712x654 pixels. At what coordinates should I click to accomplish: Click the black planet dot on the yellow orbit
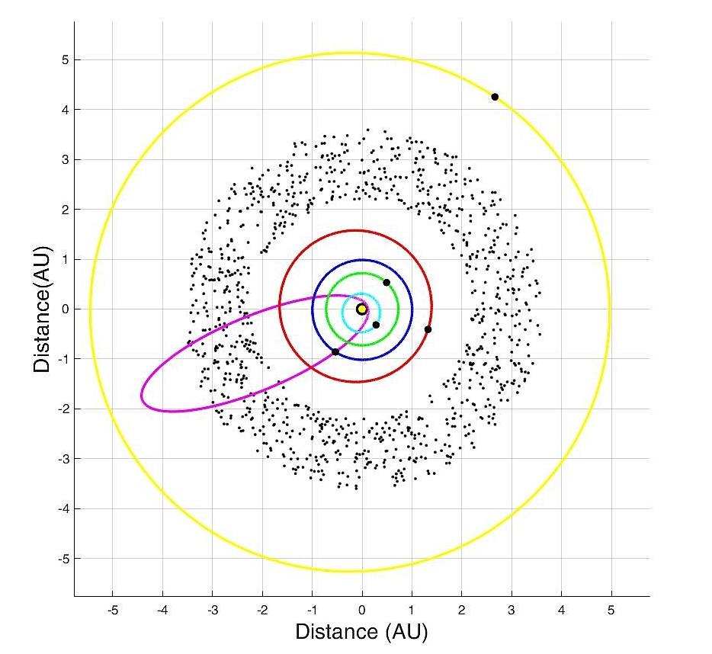click(x=495, y=97)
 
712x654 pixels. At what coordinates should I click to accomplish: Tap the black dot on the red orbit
click(x=428, y=329)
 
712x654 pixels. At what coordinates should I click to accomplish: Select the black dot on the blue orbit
click(x=335, y=351)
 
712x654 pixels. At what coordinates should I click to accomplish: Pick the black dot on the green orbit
click(x=386, y=283)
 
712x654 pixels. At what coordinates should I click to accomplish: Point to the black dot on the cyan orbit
click(x=376, y=325)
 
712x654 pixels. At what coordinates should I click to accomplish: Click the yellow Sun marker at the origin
click(x=361, y=309)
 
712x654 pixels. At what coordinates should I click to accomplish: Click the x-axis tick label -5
click(x=112, y=610)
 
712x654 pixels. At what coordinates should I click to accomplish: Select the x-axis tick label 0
click(x=362, y=610)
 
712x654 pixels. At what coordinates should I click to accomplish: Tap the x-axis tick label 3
click(x=512, y=610)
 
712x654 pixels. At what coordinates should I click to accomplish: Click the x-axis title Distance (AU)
click(x=361, y=631)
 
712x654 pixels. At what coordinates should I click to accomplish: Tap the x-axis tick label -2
click(x=261, y=610)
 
